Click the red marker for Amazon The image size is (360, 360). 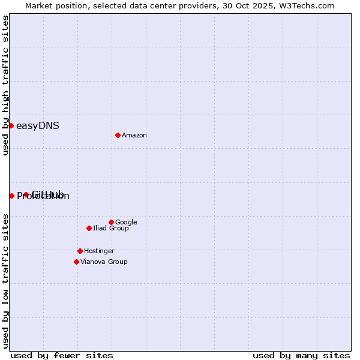point(118,135)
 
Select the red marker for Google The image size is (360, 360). point(111,222)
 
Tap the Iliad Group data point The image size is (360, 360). point(89,228)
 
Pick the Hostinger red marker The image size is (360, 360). point(80,251)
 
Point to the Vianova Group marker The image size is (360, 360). point(76,262)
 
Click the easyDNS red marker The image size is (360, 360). point(11,125)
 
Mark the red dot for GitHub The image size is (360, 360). point(26,194)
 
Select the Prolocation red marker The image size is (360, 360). point(11,196)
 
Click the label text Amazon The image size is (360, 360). point(134,136)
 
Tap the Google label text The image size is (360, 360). point(126,223)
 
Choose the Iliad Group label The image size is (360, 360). point(111,229)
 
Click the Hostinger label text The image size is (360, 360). point(99,251)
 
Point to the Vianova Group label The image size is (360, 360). point(104,262)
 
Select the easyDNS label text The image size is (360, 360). point(37,126)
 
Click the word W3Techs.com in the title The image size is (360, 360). point(305,5)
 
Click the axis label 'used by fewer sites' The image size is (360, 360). point(62,355)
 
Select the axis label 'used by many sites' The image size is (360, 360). point(301,355)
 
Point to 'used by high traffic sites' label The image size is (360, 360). point(6,85)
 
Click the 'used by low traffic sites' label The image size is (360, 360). point(6,281)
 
